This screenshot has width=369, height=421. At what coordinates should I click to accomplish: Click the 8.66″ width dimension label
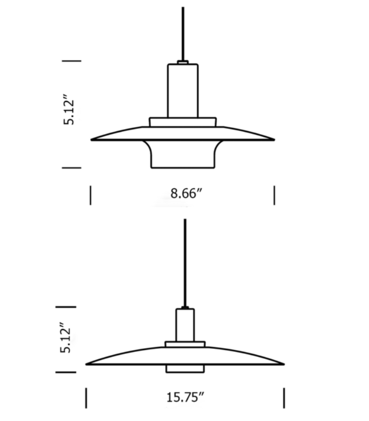[186, 193]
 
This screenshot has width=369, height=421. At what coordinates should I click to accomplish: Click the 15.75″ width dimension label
[185, 397]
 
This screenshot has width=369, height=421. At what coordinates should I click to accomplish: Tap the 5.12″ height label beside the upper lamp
[69, 109]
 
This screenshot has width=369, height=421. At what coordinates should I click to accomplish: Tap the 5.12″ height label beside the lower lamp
[66, 337]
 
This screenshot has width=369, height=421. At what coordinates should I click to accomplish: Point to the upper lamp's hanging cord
[183, 34]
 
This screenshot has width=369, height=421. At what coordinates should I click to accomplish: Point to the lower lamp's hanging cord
[185, 263]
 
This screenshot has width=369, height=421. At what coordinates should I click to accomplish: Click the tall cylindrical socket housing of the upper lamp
[183, 91]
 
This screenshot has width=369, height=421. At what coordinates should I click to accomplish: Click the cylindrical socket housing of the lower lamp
[185, 325]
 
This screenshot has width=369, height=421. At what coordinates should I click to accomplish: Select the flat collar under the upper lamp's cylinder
[183, 122]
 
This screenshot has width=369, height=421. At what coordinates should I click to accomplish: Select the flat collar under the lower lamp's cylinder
[185, 344]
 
